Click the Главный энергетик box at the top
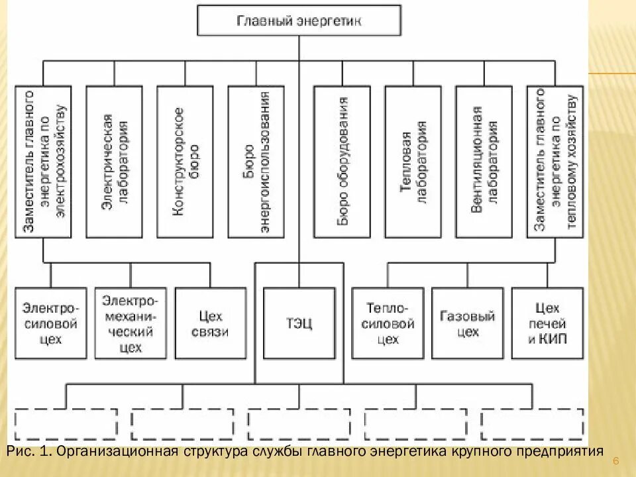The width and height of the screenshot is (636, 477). (x=299, y=21)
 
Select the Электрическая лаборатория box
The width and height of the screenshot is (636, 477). (x=115, y=161)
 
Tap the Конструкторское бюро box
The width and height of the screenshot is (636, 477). (x=185, y=161)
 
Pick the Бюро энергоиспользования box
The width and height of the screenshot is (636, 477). (x=256, y=161)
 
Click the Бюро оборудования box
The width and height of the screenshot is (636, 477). (x=342, y=161)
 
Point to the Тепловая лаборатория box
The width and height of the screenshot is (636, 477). (x=413, y=161)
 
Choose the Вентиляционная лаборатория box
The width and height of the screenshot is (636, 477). (x=484, y=161)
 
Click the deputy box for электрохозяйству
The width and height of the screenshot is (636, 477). (x=44, y=161)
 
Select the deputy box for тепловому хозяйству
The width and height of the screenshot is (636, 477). (x=555, y=161)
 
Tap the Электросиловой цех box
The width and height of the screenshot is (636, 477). (x=50, y=323)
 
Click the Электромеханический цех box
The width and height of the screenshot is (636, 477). (x=131, y=323)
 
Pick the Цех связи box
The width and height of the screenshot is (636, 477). (x=210, y=323)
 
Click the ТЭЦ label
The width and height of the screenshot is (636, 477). (x=299, y=324)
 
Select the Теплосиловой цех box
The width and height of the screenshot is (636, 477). (x=388, y=323)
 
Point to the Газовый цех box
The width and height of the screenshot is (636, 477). (x=468, y=323)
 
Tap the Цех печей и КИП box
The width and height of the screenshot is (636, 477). (x=547, y=323)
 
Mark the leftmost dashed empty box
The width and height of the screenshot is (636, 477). (x=66, y=424)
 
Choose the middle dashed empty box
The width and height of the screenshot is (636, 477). (x=299, y=424)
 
